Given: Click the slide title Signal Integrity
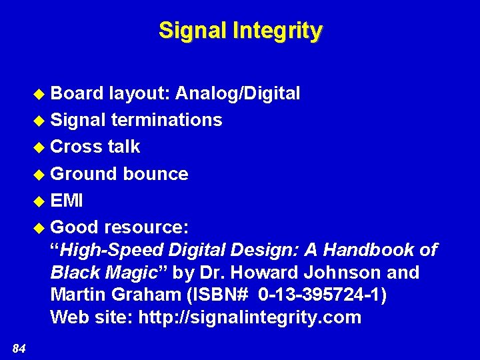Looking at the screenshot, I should pyautogui.click(x=240, y=31).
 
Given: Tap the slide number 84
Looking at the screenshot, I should pyautogui.click(x=19, y=347).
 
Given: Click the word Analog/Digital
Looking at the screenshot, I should pyautogui.click(x=237, y=93).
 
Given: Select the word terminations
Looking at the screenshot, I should pyautogui.click(x=167, y=120).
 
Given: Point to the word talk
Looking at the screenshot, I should pyautogui.click(x=124, y=147).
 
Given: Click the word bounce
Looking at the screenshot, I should pyautogui.click(x=155, y=174).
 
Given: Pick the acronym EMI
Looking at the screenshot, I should pyautogui.click(x=67, y=201).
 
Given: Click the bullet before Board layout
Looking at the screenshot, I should pyautogui.click(x=39, y=94).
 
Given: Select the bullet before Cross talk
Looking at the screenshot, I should pyautogui.click(x=39, y=147).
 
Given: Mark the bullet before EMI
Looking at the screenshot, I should pyautogui.click(x=39, y=201).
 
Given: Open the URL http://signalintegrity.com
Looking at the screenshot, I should pyautogui.click(x=249, y=318).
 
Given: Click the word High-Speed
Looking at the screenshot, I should pyautogui.click(x=111, y=250).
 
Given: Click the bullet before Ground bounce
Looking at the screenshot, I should pyautogui.click(x=39, y=175).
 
